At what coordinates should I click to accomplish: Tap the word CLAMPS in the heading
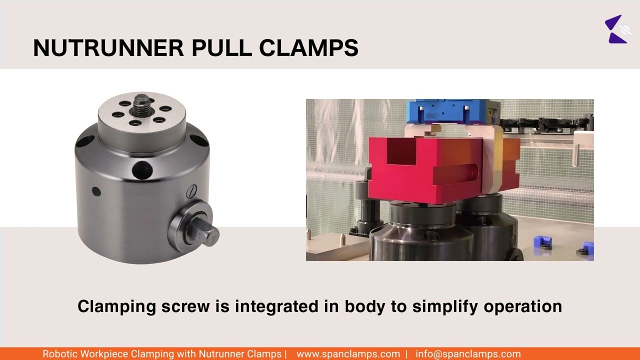(x=308, y=48)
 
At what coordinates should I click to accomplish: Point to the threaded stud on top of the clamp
(x=141, y=104)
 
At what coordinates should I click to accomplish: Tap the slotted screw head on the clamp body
(x=192, y=191)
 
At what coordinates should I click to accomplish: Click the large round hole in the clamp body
(x=142, y=170)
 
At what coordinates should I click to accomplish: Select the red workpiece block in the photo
(x=425, y=170)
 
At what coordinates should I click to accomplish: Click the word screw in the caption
(x=185, y=306)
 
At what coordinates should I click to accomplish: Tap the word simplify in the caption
(x=445, y=306)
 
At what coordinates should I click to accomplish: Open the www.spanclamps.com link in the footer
(x=348, y=354)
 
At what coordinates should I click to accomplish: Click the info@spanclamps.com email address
(x=468, y=354)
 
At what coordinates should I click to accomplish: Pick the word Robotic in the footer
(x=59, y=354)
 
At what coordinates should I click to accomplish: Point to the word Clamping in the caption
(x=116, y=306)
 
